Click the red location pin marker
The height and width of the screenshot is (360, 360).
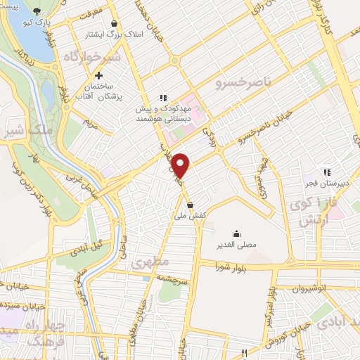tap(181, 165)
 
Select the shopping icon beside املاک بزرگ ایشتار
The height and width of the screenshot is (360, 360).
tap(114, 23)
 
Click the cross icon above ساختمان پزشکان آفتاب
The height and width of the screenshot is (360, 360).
tap(99, 75)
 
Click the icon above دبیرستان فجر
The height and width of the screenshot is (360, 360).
tap(326, 171)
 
